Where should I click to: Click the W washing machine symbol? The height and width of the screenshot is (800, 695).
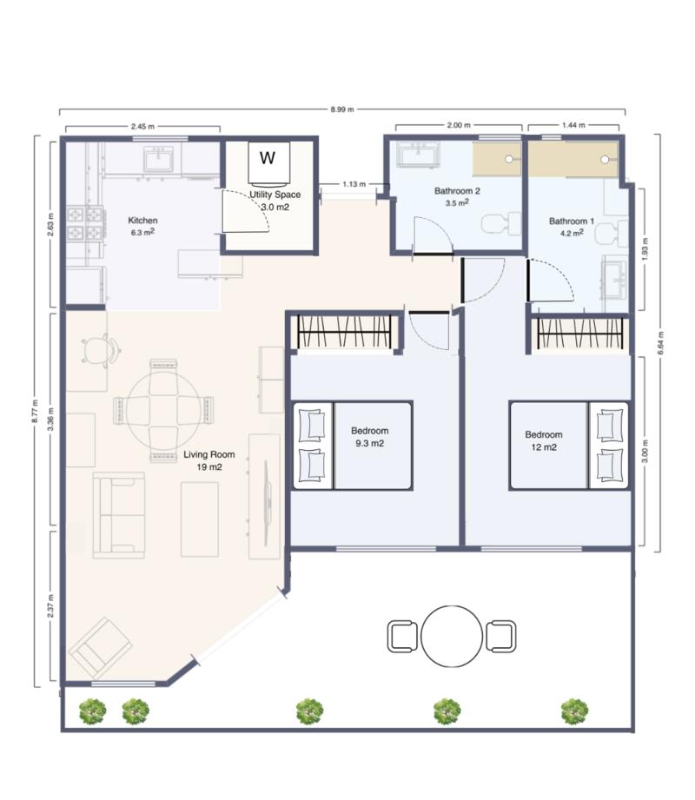[268, 158]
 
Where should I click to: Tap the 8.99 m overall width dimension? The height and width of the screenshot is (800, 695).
[342, 110]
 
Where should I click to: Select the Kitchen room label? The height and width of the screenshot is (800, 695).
[142, 221]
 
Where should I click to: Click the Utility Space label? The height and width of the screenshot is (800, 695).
[275, 195]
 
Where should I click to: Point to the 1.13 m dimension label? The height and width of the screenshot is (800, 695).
[353, 184]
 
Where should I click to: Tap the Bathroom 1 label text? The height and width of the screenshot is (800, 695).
[571, 221]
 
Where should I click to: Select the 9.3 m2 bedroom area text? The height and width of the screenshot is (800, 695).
[368, 443]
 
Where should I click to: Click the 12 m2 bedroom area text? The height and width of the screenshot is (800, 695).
[544, 447]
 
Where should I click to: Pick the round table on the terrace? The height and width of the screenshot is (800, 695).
[452, 636]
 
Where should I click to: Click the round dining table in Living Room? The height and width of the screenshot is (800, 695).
[162, 408]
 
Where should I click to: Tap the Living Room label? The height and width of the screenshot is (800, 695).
[208, 455]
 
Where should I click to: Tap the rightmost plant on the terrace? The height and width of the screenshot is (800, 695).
[573, 711]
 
